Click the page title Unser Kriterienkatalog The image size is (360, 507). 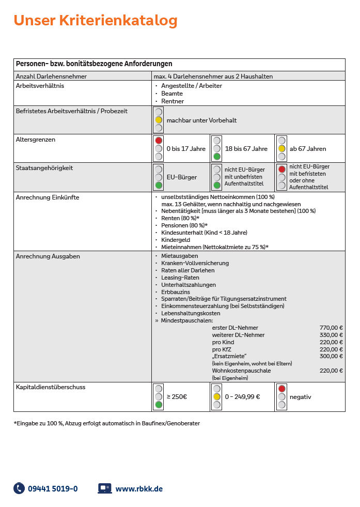[96, 21]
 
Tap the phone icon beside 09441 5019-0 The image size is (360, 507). [19, 488]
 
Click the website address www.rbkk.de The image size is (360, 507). [139, 488]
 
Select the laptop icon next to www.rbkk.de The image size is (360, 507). [105, 488]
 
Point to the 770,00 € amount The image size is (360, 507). [331, 328]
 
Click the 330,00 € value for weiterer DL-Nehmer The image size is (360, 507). [331, 335]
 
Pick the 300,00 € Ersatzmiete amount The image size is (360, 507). [331, 356]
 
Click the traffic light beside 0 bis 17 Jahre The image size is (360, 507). [159, 148]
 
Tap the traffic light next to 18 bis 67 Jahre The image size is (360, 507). [217, 148]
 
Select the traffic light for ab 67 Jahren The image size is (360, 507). [281, 148]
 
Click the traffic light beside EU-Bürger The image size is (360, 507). [159, 177]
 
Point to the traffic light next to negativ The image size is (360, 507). [281, 397]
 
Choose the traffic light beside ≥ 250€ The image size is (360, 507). [159, 397]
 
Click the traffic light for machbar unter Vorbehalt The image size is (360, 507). [159, 120]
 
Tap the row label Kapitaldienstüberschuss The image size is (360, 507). [51, 387]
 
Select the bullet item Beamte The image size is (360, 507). [172, 94]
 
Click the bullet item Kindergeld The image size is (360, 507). [176, 240]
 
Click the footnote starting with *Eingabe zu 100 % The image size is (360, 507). [107, 423]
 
